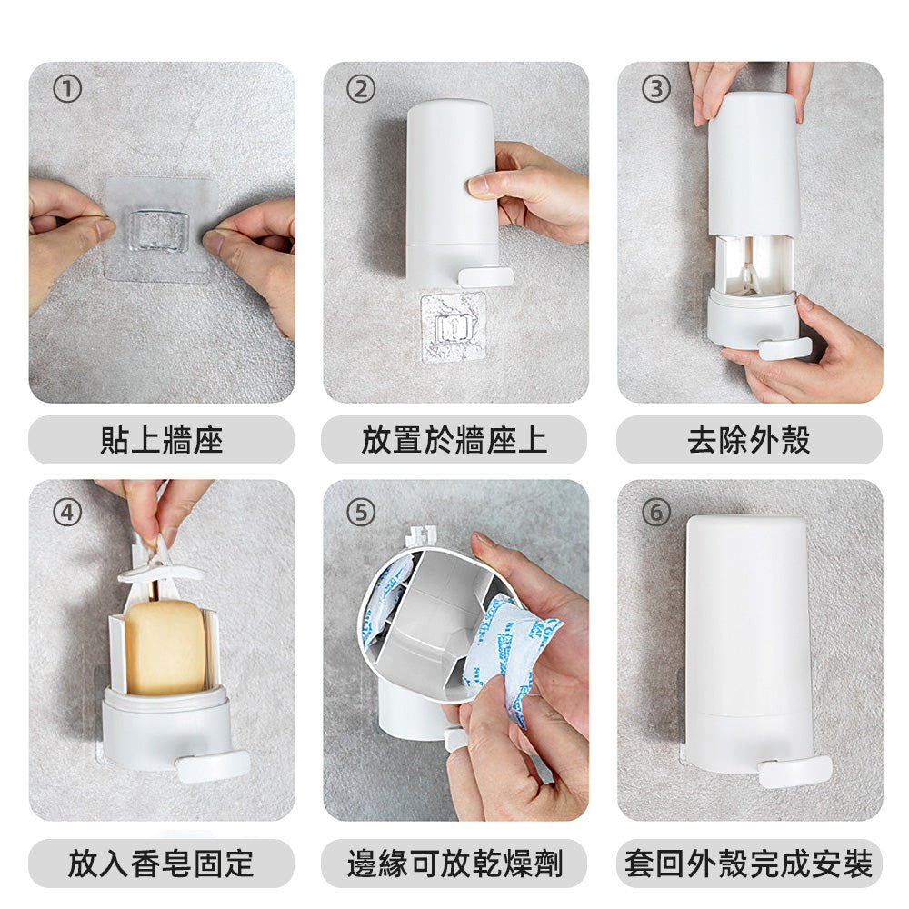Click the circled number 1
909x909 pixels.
(67, 90)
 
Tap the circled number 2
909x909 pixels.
(361, 90)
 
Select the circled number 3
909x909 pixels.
(656, 90)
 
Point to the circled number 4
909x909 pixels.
(67, 513)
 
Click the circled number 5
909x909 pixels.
(361, 513)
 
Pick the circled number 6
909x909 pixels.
(656, 513)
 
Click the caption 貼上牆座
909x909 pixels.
(162, 440)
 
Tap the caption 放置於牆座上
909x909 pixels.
(454, 440)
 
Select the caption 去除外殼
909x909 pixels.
(749, 440)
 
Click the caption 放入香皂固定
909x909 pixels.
(161, 864)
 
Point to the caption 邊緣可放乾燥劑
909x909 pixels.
(455, 864)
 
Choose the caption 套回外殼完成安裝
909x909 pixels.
(749, 864)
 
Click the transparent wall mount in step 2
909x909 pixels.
(454, 326)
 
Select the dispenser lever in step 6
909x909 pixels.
(794, 772)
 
